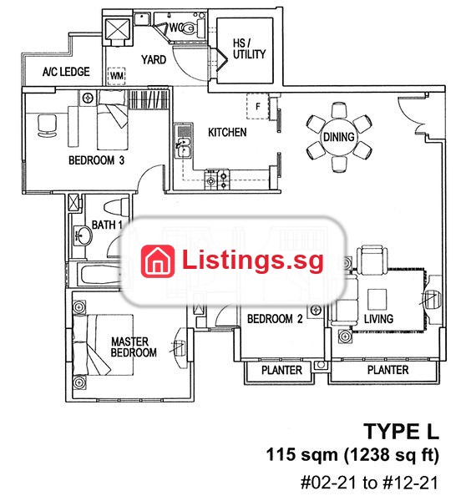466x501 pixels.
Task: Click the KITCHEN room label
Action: click(227, 132)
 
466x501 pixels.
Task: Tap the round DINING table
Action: click(339, 137)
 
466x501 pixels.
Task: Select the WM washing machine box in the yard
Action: click(116, 76)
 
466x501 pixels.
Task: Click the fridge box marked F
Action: click(257, 106)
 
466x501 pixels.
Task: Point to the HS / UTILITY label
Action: click(249, 49)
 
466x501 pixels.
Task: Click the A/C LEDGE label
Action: click(66, 72)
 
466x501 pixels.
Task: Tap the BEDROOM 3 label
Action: click(96, 160)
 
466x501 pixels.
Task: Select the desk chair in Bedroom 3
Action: click(48, 125)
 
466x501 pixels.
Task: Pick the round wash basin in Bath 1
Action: click(84, 235)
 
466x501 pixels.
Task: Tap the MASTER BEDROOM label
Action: click(134, 347)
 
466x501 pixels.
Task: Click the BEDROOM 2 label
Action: click(275, 319)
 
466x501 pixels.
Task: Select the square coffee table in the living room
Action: click(377, 300)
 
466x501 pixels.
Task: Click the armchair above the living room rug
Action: click(372, 260)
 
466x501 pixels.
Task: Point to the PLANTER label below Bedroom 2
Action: click(281, 370)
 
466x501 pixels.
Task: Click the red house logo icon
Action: click(158, 261)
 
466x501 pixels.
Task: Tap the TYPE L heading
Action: click(401, 431)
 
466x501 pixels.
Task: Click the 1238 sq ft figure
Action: click(391, 455)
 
